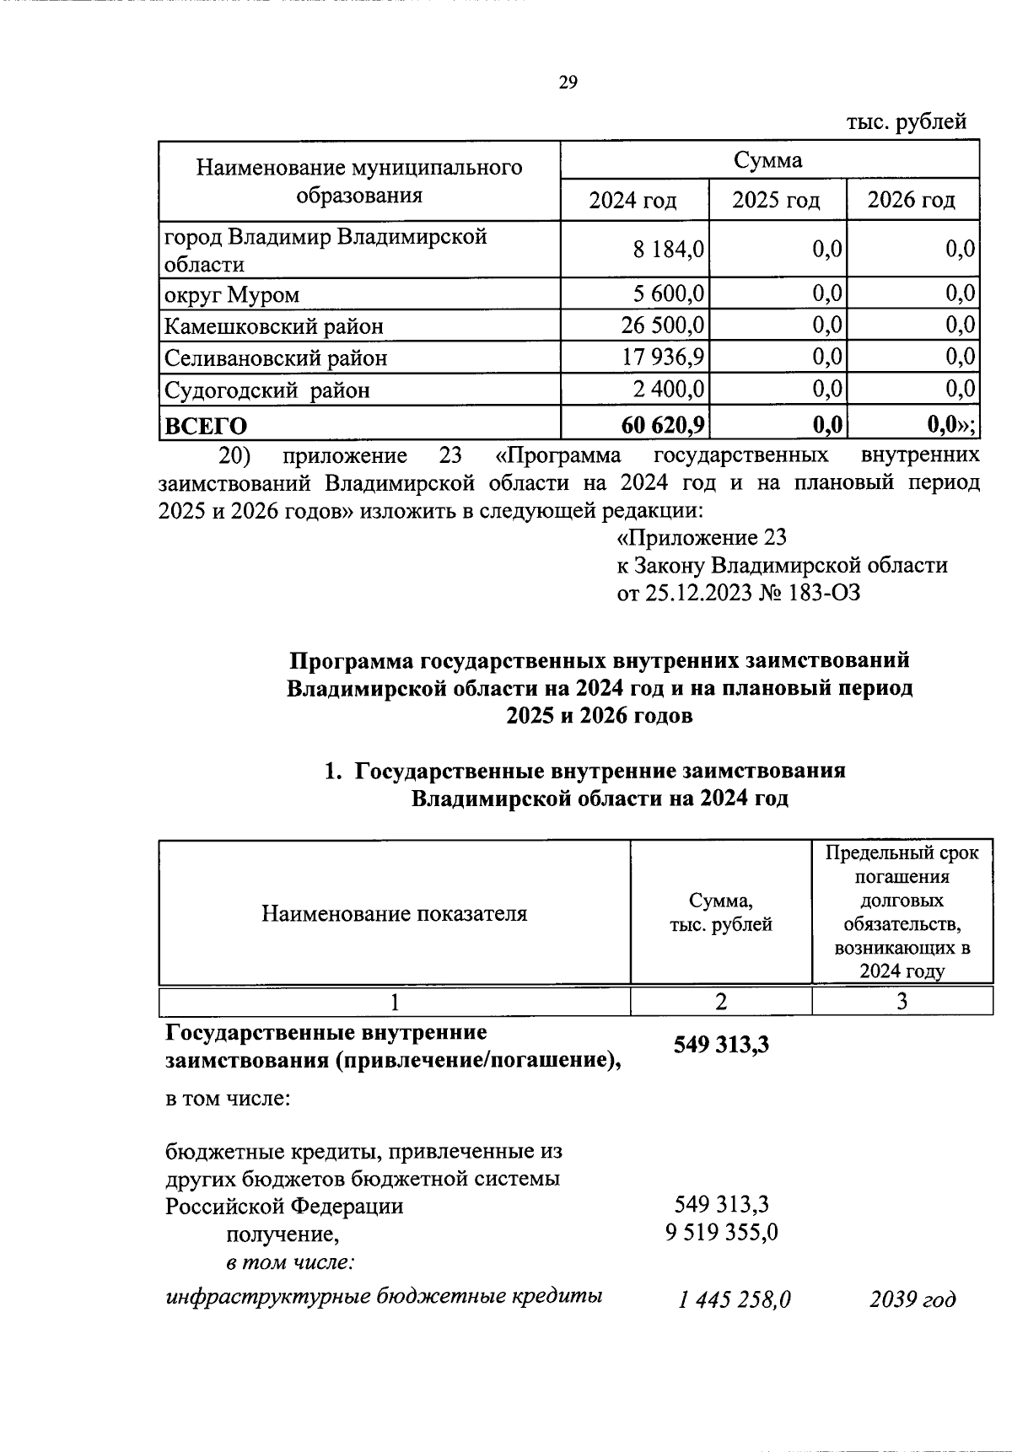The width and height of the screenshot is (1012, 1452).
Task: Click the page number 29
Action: coord(567,82)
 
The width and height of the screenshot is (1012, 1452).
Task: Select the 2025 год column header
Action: coord(776,201)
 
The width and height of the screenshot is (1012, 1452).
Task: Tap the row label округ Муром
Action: coord(232,295)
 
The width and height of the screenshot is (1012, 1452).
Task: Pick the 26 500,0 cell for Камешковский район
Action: coord(664,325)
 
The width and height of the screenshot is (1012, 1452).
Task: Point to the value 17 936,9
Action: coord(664,358)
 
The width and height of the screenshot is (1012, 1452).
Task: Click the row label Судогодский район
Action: coord(266,390)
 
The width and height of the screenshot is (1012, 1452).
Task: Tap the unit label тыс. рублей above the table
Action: coord(906,122)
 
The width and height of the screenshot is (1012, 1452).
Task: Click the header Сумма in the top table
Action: coord(768,160)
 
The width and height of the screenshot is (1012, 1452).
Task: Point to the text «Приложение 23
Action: coord(702,537)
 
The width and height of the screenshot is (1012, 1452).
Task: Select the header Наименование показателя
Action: coord(394,913)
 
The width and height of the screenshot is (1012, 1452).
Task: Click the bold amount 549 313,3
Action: coord(721,1046)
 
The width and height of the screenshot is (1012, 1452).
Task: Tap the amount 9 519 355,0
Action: coord(721,1234)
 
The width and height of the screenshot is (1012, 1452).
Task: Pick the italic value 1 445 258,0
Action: coord(734,1300)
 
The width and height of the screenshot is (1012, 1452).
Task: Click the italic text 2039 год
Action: coord(912,1299)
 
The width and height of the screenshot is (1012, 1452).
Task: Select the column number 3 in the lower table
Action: coord(902,1001)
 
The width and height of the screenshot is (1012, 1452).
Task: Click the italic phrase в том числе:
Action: coord(289,1263)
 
